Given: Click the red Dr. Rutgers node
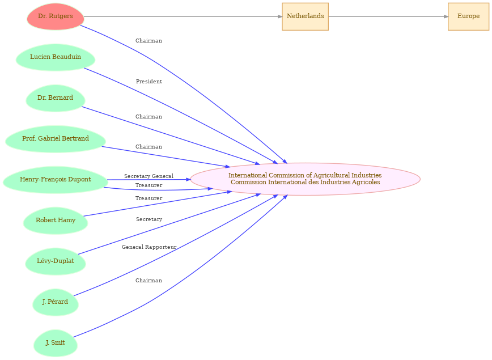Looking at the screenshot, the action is click(x=56, y=16).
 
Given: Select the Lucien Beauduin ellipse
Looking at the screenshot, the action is click(x=56, y=57).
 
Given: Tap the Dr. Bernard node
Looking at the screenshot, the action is click(x=56, y=98).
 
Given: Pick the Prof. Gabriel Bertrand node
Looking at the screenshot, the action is click(x=56, y=139).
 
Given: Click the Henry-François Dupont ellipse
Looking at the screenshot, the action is click(x=56, y=180).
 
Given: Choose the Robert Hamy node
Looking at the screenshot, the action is click(x=56, y=221).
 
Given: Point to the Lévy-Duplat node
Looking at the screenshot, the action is click(x=56, y=261).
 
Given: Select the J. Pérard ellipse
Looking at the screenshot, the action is click(x=56, y=302).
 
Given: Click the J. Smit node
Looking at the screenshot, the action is click(x=56, y=343).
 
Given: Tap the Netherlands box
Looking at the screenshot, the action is click(x=306, y=16).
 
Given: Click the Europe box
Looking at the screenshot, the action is click(x=468, y=16).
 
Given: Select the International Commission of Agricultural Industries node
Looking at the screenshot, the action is click(x=306, y=179).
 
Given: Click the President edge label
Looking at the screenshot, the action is click(x=149, y=82).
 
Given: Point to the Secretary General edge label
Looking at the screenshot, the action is click(x=149, y=176).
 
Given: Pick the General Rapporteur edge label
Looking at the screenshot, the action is click(x=149, y=247).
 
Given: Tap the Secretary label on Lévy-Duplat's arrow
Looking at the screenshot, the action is click(x=149, y=219).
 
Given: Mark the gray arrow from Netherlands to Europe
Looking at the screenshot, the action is click(x=388, y=16).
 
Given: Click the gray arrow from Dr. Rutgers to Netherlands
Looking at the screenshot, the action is click(x=183, y=16).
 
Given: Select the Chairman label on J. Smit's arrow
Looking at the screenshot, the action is click(x=149, y=281).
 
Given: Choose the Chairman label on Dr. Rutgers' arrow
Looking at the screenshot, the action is click(x=149, y=41).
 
